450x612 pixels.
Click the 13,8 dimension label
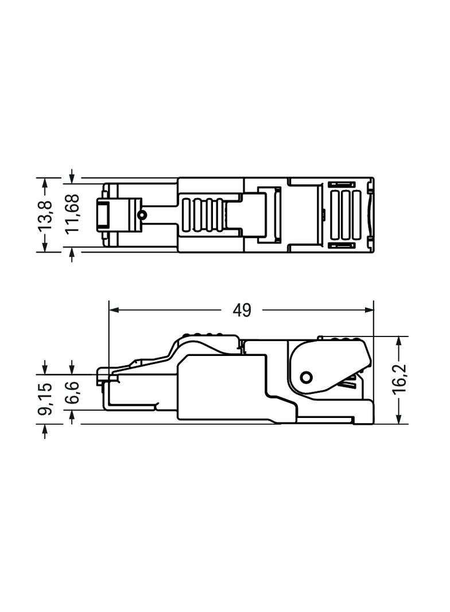45,214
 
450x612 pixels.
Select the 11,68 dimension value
73,214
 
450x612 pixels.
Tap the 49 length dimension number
242,311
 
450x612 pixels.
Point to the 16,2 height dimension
399,379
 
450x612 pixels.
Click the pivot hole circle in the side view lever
306,377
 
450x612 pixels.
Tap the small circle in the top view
142,215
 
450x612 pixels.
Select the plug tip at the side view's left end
103,376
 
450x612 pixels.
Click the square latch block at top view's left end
104,215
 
